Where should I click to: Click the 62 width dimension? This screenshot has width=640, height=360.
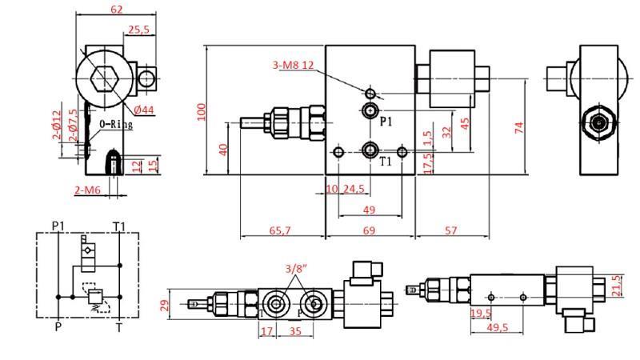pos(118,10)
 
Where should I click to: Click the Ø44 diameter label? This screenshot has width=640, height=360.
pos(144,109)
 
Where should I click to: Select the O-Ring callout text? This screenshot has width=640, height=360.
pos(115,125)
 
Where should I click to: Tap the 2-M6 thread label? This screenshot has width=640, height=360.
pos(87,190)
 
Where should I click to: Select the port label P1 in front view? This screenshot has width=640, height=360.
pos(386,122)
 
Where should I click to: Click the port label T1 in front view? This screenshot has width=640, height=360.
pos(386,162)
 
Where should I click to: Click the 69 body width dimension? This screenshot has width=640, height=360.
pos(369,230)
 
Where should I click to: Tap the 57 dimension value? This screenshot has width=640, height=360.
pos(450,230)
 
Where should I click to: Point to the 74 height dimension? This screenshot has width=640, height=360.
pos(519,126)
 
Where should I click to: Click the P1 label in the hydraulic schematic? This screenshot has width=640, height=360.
pos(58,226)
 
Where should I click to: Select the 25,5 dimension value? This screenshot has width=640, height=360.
pos(138,30)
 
